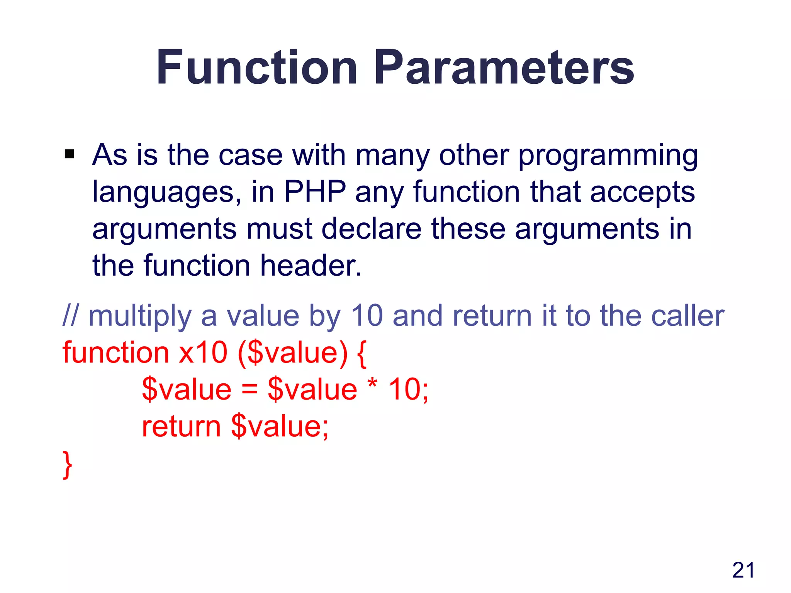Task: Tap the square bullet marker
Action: (70, 154)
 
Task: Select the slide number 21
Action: (743, 570)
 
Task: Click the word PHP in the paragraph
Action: (315, 192)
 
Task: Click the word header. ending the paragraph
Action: (311, 266)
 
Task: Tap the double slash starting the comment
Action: (70, 315)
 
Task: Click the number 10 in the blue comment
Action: (367, 316)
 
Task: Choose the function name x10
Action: (203, 353)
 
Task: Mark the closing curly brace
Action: (68, 465)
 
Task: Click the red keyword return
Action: (181, 427)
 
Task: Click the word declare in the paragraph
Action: (371, 229)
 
